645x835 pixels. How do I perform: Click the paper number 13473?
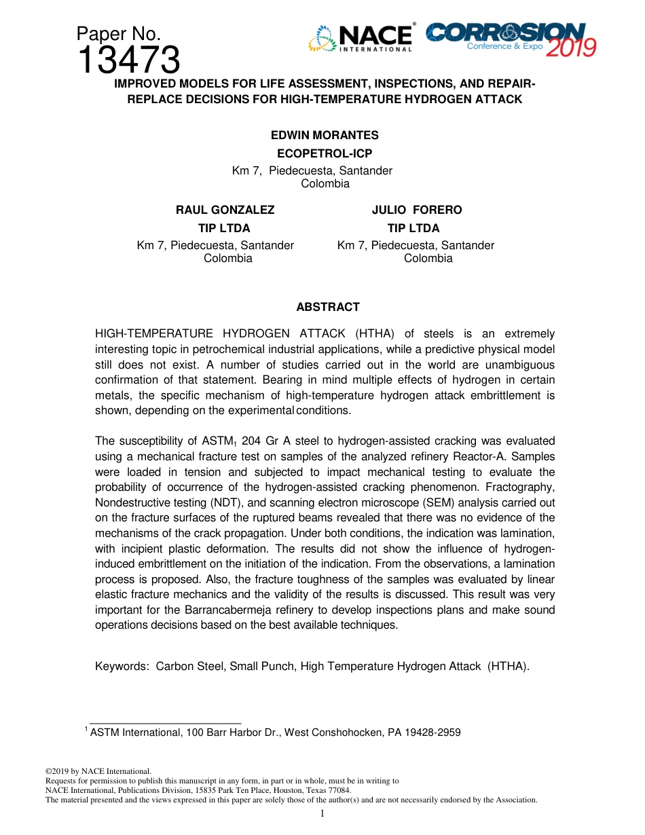click(128, 60)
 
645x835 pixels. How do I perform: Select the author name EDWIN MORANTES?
click(325, 135)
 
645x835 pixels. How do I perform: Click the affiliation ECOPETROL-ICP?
click(325, 153)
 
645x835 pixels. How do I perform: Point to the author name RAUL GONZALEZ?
click(225, 210)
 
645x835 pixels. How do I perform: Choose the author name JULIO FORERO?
click(416, 210)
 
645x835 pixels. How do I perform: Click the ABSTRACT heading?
click(328, 307)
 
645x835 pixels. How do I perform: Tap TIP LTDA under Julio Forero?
click(413, 228)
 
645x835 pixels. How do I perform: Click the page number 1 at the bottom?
click(322, 813)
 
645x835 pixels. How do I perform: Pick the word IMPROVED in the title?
click(145, 84)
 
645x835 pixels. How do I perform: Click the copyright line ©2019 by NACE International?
click(98, 771)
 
